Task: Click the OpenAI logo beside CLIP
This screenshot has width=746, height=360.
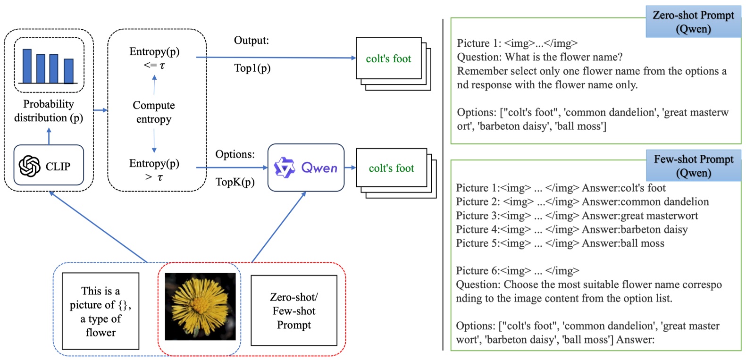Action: [x=29, y=166]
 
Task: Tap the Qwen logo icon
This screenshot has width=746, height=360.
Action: [x=285, y=167]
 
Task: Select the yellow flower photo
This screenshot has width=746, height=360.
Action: [x=200, y=306]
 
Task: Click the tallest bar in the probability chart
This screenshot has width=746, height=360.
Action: [x=27, y=66]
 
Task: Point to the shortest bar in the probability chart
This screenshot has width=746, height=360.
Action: [x=69, y=71]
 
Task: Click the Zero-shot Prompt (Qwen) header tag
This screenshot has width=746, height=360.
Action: [x=693, y=22]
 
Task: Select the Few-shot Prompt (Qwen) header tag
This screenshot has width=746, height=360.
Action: [x=693, y=166]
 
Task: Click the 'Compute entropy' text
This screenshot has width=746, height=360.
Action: [x=154, y=112]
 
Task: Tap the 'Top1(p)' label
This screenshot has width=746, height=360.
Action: [x=252, y=68]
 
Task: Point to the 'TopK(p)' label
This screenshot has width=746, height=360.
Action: [x=235, y=182]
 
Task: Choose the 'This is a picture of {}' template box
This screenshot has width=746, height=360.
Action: [x=101, y=311]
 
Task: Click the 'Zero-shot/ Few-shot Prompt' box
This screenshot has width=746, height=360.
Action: [x=293, y=310]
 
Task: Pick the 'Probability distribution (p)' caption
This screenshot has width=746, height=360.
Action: [x=49, y=110]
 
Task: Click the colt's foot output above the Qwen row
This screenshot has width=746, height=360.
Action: [x=388, y=59]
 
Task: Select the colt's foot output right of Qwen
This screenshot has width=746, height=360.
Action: [x=391, y=168]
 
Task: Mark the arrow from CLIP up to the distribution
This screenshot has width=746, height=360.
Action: [x=49, y=136]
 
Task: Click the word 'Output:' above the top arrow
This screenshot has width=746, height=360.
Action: [x=251, y=41]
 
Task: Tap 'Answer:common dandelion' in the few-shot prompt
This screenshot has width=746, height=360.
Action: [x=645, y=201]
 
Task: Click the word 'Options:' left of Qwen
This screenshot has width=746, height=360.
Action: [x=235, y=154]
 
